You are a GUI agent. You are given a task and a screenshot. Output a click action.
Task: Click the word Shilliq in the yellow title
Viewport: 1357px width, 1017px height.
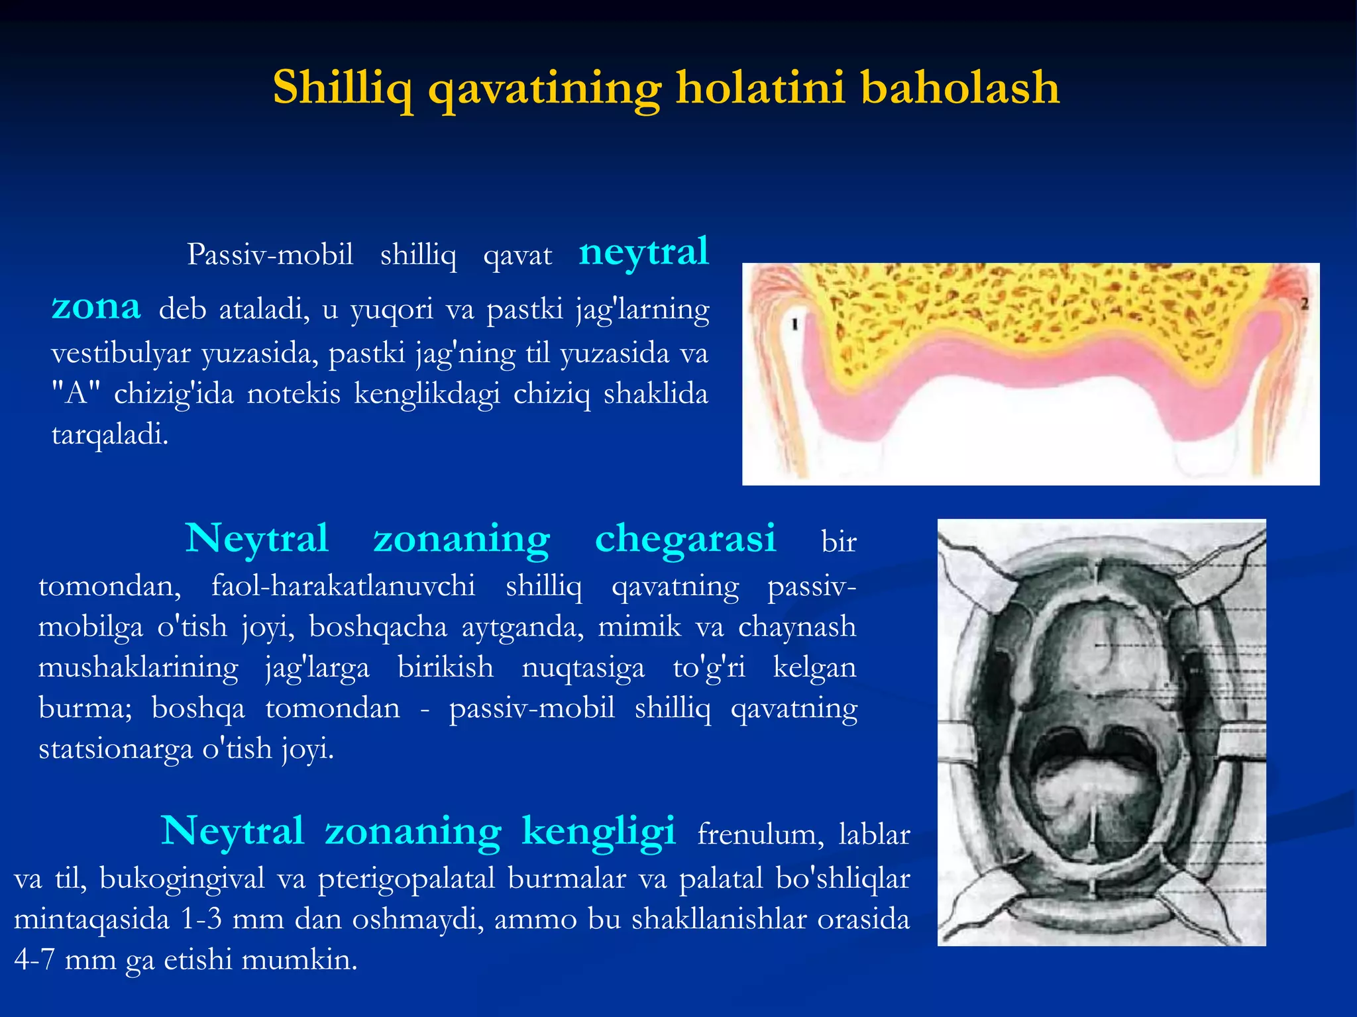(x=344, y=89)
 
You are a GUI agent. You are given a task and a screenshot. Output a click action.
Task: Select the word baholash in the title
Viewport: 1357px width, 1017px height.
(x=960, y=89)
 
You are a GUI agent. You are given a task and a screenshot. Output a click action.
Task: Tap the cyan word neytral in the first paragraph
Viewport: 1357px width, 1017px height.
(x=643, y=252)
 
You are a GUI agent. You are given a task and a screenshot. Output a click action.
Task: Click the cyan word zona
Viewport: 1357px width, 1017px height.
(x=96, y=307)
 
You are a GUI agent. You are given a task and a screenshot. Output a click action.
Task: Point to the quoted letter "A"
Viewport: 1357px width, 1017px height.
(x=76, y=394)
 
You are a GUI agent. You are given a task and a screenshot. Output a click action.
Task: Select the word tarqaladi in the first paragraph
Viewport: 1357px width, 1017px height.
(x=110, y=434)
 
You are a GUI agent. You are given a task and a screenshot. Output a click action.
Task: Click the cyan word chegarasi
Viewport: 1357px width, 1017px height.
(x=685, y=538)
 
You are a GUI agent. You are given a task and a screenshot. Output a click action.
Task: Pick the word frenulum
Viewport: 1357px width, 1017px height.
(x=761, y=834)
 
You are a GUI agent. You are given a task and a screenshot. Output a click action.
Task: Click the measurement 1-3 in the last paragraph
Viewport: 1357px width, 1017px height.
(x=201, y=920)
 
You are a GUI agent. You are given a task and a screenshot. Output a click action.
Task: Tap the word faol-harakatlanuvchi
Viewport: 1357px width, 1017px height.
(x=343, y=586)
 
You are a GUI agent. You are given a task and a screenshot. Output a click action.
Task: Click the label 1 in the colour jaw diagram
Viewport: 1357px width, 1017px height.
(x=794, y=324)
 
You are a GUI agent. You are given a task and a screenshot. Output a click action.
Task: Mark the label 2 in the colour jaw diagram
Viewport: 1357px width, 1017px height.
(x=1304, y=304)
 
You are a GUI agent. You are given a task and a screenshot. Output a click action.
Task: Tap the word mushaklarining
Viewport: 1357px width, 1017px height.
(x=138, y=667)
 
